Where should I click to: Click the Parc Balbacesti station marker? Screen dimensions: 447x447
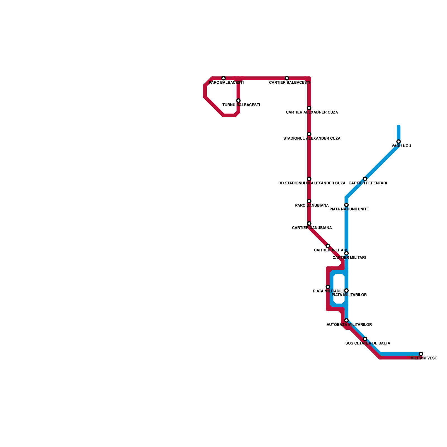coord(223,78)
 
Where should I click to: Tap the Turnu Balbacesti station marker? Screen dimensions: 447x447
coord(238,101)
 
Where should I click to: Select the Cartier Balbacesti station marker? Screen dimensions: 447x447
coord(287,78)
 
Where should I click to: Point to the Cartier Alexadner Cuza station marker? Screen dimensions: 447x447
coord(309,108)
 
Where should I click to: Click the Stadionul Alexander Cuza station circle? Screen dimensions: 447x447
coord(309,134)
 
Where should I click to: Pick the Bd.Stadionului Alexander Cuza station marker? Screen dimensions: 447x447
coord(309,179)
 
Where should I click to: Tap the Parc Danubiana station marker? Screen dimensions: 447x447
coord(309,201)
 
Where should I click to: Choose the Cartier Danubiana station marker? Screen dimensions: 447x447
coord(309,223)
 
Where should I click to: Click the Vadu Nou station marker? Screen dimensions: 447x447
coord(398,142)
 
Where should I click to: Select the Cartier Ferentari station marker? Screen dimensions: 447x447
coord(365,179)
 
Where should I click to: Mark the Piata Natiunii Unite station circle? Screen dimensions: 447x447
coord(346,205)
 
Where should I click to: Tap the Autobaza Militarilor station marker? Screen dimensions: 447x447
coord(346,320)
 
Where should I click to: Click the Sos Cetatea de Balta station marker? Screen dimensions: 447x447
coord(365,339)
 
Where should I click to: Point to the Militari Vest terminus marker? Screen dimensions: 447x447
coord(421,354)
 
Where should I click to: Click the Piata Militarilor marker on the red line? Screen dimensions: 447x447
coord(328,287)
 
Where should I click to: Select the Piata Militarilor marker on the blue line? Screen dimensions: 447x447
coord(346,291)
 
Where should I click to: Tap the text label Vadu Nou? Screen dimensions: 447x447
coord(401,146)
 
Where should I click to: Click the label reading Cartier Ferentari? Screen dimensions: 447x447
coord(368,183)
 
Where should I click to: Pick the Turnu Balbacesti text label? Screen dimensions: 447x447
coord(241,105)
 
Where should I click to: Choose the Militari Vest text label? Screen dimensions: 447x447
coord(424,358)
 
